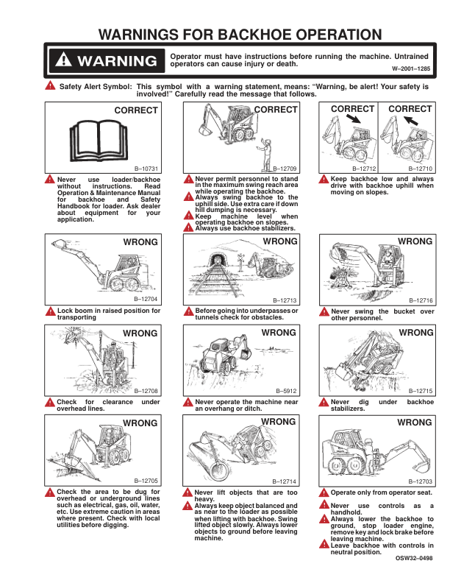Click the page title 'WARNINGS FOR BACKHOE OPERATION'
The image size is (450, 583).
pos(240,35)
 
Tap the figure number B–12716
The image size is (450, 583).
pos(420,300)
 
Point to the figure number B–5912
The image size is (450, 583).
pos(286,390)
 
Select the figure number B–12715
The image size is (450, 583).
pos(420,390)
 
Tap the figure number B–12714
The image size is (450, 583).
pos(285,480)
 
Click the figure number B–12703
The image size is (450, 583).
pos(420,480)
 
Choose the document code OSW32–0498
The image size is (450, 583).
pos(414,558)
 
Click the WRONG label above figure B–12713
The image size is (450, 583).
pos(279,241)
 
